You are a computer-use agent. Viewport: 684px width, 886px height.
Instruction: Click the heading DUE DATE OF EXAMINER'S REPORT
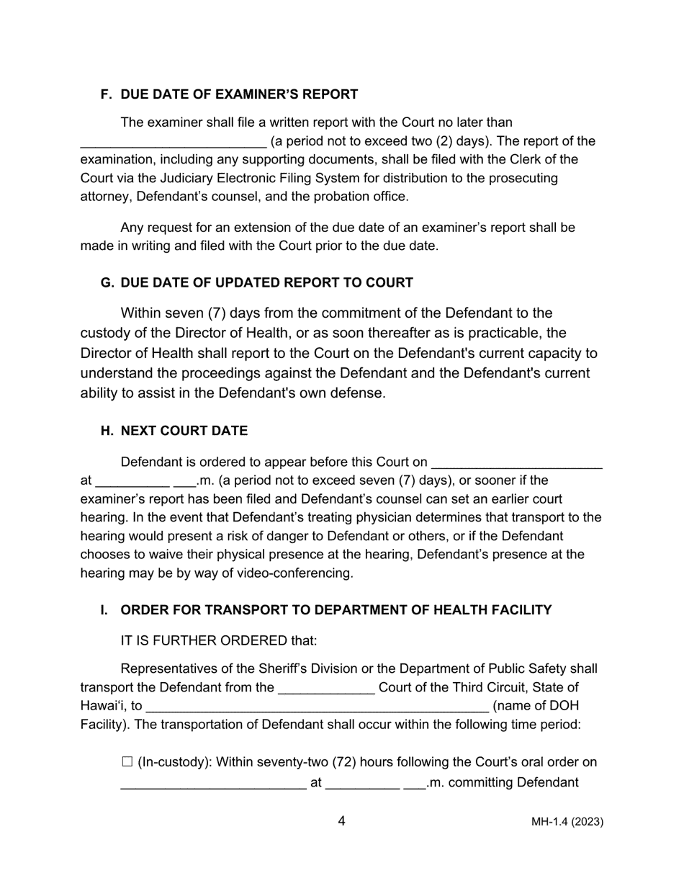(239, 94)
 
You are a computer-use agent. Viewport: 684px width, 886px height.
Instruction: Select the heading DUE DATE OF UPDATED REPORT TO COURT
(266, 282)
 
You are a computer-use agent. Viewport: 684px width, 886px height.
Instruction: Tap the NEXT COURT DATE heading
(184, 431)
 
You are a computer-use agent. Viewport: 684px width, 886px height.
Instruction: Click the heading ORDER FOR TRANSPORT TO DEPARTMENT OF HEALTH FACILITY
(336, 610)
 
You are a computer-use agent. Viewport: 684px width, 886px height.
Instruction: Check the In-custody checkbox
(127, 761)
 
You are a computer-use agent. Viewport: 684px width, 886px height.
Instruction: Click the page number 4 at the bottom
(341, 821)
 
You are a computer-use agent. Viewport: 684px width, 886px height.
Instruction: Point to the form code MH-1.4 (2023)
(567, 822)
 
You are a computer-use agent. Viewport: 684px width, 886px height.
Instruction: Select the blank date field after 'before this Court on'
(516, 463)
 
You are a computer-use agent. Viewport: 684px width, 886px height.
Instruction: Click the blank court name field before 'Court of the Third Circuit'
(326, 689)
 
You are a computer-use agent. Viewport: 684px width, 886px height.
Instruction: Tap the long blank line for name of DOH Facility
(317, 707)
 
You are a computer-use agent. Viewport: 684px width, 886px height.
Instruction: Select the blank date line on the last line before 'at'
(213, 784)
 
